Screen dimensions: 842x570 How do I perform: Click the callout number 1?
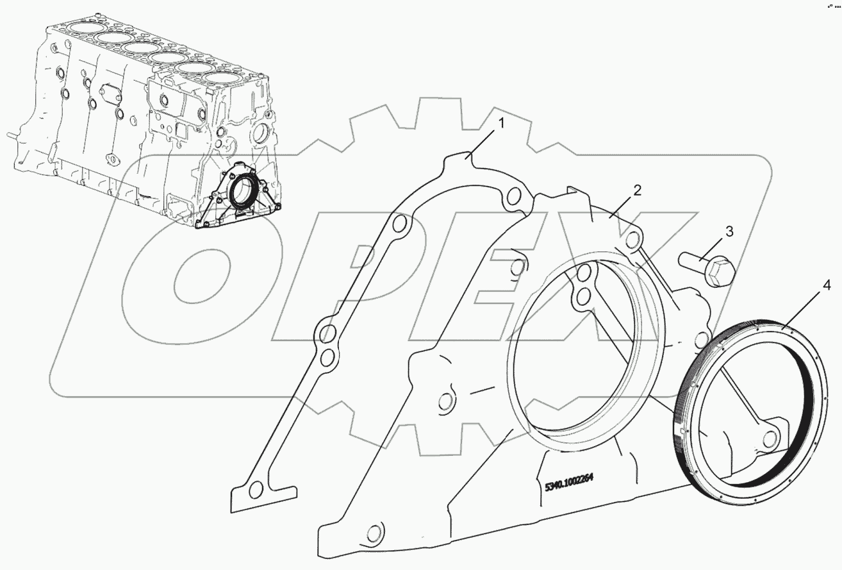(502, 124)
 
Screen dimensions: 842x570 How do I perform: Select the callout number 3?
(729, 231)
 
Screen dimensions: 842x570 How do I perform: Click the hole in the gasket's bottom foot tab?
(256, 490)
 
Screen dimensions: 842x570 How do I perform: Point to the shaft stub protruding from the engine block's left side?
(13, 135)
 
